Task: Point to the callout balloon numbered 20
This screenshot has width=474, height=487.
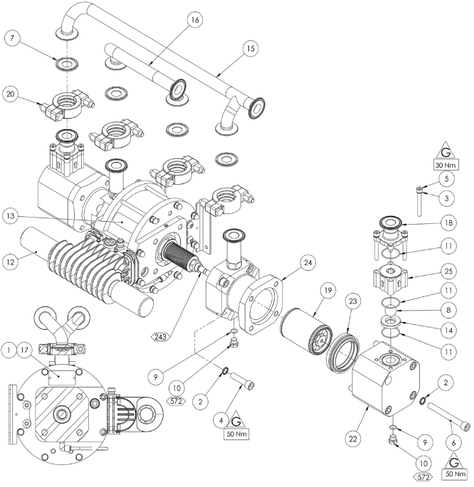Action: [11, 93]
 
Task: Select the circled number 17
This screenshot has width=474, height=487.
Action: [26, 350]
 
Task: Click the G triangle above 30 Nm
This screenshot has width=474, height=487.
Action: [447, 152]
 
